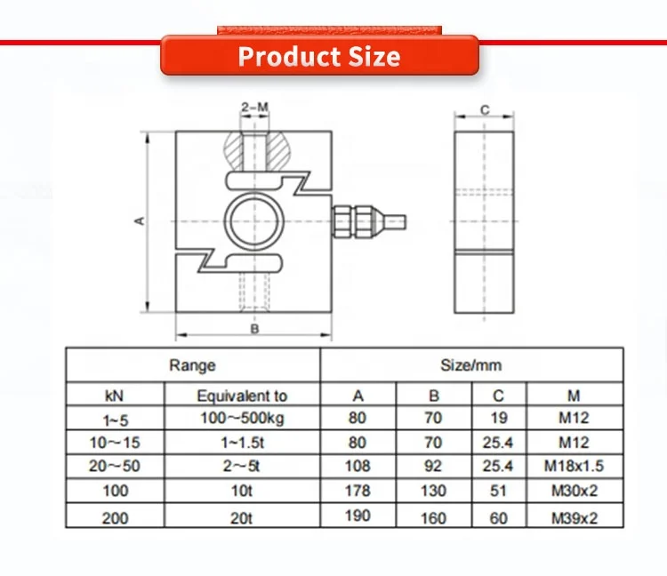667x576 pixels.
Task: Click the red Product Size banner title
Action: tap(319, 56)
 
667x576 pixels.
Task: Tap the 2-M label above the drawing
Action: tap(254, 108)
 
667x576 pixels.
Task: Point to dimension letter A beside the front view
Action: tap(140, 220)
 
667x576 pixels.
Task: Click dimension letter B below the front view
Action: tap(253, 329)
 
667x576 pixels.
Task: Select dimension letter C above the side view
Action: tap(484, 110)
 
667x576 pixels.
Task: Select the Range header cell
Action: tap(193, 365)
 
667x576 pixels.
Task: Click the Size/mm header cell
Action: tap(471, 365)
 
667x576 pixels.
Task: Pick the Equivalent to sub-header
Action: tap(242, 396)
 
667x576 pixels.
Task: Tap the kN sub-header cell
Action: tap(115, 396)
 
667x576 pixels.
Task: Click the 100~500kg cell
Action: tap(242, 417)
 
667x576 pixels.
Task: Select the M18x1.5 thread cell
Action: tap(575, 466)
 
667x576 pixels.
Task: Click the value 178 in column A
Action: tap(358, 491)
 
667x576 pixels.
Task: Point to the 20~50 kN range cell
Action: tap(115, 466)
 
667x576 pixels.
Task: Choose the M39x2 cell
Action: tap(575, 516)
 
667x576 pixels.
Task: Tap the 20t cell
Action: tap(242, 517)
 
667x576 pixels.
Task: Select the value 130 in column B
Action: tap(433, 491)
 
